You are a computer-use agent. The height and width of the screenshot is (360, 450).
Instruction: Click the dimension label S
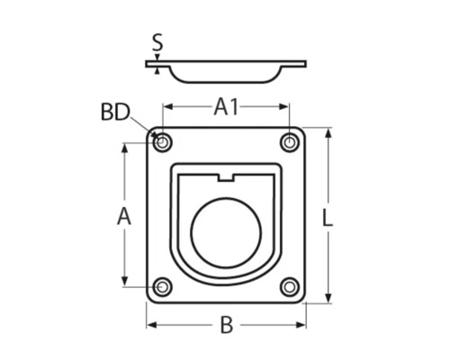(x=157, y=41)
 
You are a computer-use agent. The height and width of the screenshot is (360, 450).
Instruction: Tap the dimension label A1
(x=226, y=107)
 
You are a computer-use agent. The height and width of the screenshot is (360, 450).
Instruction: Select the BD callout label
(x=115, y=113)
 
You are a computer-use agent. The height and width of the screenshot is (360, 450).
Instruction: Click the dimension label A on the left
(x=124, y=216)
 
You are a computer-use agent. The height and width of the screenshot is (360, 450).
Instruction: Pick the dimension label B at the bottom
(x=226, y=325)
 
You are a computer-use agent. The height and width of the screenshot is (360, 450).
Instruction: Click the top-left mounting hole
(x=163, y=142)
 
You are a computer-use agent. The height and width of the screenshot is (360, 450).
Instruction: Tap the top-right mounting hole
(x=289, y=142)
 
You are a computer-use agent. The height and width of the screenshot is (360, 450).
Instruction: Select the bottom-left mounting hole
(x=163, y=287)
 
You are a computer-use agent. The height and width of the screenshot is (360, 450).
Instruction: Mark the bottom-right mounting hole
(x=289, y=287)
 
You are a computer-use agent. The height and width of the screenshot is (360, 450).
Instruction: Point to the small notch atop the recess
(x=226, y=177)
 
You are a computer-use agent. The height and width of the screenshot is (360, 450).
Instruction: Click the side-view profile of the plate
(x=226, y=70)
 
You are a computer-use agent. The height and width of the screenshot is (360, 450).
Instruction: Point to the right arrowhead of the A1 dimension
(x=285, y=107)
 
